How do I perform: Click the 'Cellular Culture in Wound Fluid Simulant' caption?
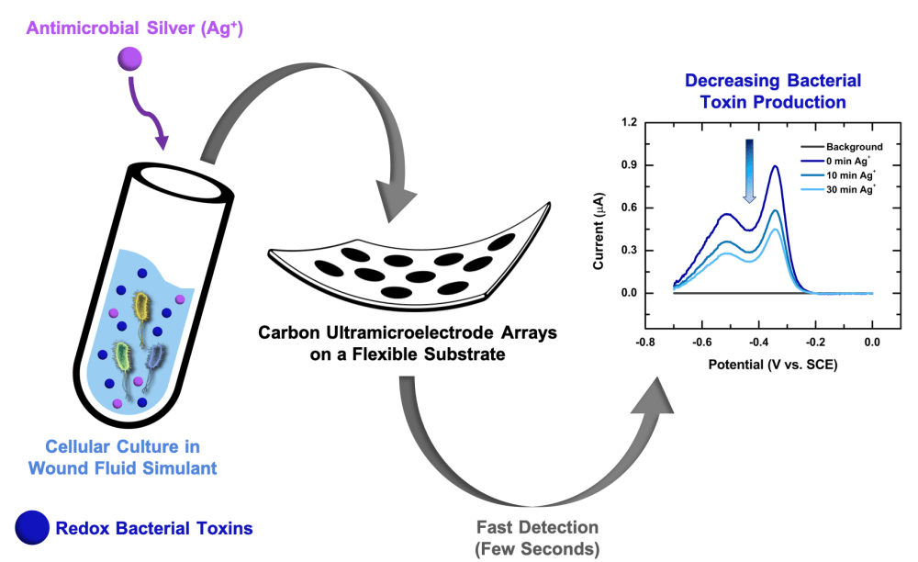point(122,456)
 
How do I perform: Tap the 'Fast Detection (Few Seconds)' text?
point(538,538)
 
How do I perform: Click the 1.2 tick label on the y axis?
point(627,122)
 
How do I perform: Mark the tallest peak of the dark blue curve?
point(777,167)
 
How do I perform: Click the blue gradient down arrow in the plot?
point(749,171)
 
